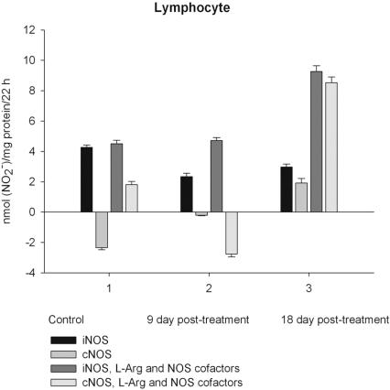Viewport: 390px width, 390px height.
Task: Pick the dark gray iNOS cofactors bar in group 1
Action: coord(116,178)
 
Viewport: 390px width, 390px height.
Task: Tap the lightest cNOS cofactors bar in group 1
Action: coord(131,198)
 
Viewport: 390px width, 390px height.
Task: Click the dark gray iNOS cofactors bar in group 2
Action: coord(216,176)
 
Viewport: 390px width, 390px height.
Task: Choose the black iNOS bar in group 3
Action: coord(286,190)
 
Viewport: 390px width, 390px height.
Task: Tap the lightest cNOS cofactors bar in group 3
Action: coord(330,147)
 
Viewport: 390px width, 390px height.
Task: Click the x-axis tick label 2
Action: coord(209,288)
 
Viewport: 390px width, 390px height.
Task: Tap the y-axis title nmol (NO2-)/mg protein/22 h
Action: coord(9,151)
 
